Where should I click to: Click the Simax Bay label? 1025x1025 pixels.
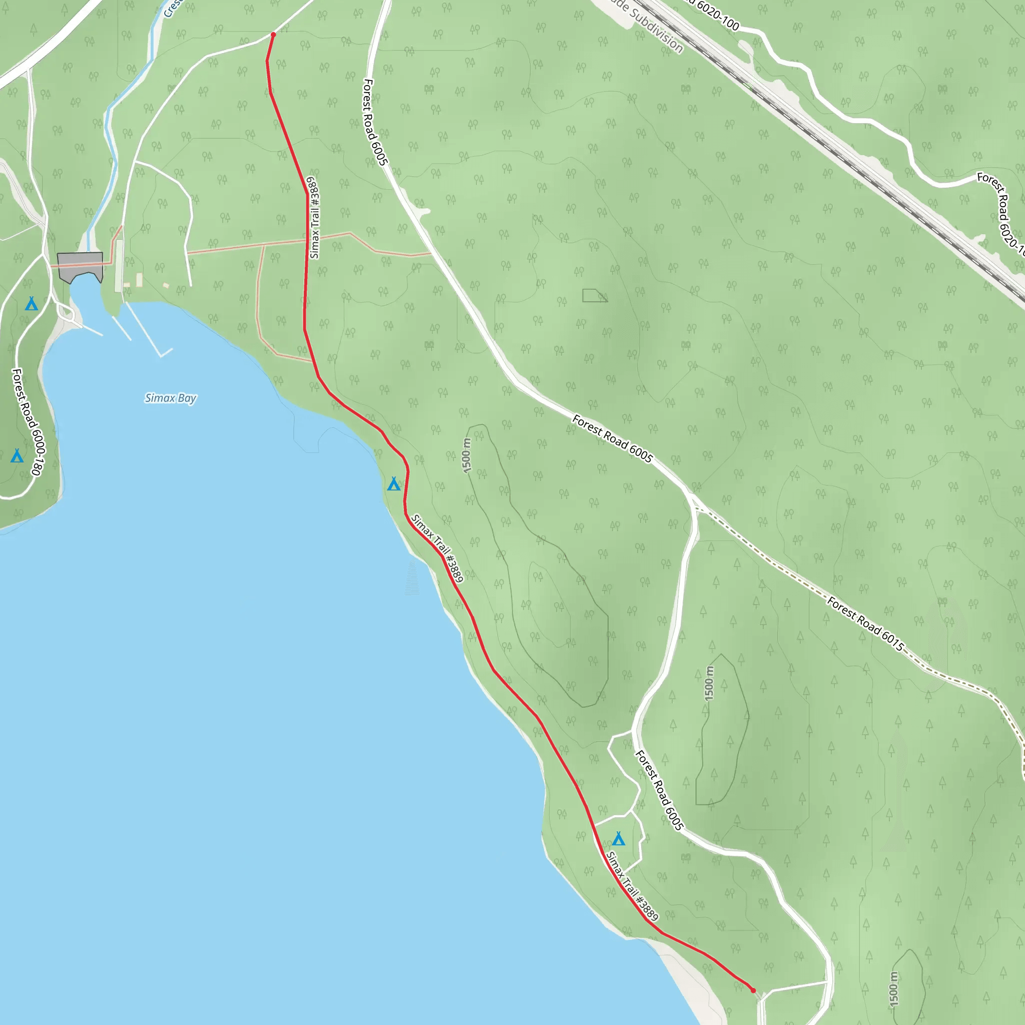tap(170, 398)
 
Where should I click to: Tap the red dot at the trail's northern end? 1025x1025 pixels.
tap(273, 35)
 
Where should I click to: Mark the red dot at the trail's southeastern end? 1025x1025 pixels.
tap(753, 990)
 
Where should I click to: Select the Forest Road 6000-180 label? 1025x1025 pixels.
tap(29, 422)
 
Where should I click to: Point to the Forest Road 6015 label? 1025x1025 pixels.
tap(865, 624)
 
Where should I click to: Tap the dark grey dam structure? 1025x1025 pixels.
tap(80, 265)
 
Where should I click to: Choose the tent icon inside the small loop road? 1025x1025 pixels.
tap(618, 839)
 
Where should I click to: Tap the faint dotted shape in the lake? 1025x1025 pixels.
tap(412, 578)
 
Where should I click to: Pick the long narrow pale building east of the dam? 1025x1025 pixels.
tap(119, 265)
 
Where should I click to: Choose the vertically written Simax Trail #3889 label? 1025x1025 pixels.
tap(315, 218)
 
